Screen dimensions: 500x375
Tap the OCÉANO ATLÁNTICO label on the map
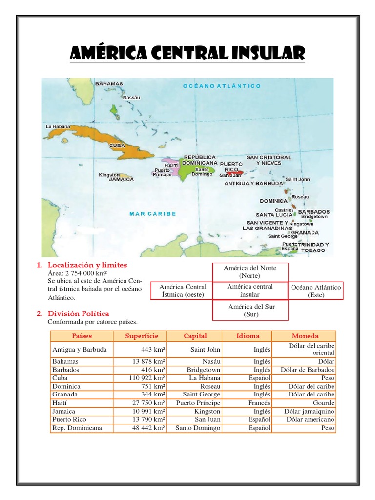[x=222, y=86]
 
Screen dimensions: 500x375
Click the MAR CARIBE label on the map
[x=153, y=213]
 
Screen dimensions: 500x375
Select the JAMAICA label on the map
[x=121, y=179]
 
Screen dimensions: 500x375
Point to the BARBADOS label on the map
[x=313, y=212]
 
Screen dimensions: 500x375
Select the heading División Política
[x=79, y=313]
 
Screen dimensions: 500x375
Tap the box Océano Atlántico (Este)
[x=315, y=291]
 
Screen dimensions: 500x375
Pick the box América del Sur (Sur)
[x=250, y=310]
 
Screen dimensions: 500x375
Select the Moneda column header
[x=305, y=336]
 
